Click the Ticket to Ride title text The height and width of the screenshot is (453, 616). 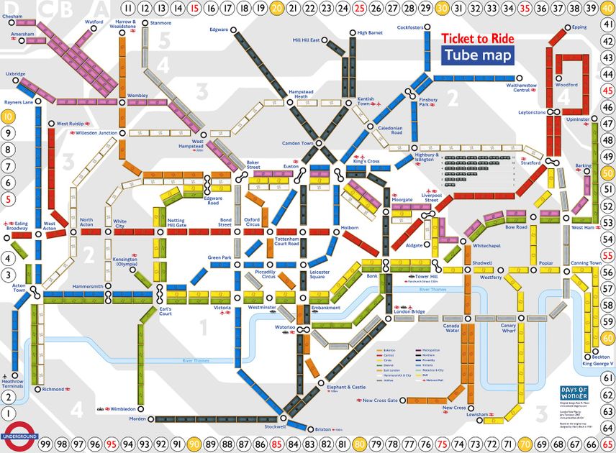click(478, 39)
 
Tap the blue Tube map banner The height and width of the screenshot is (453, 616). click(478, 55)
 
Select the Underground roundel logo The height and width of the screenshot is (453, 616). click(19, 436)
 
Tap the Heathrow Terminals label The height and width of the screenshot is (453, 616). click(14, 385)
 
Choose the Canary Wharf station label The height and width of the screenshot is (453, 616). click(509, 328)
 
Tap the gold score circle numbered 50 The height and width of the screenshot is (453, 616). click(607, 173)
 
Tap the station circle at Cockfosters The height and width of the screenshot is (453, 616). click(429, 28)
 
